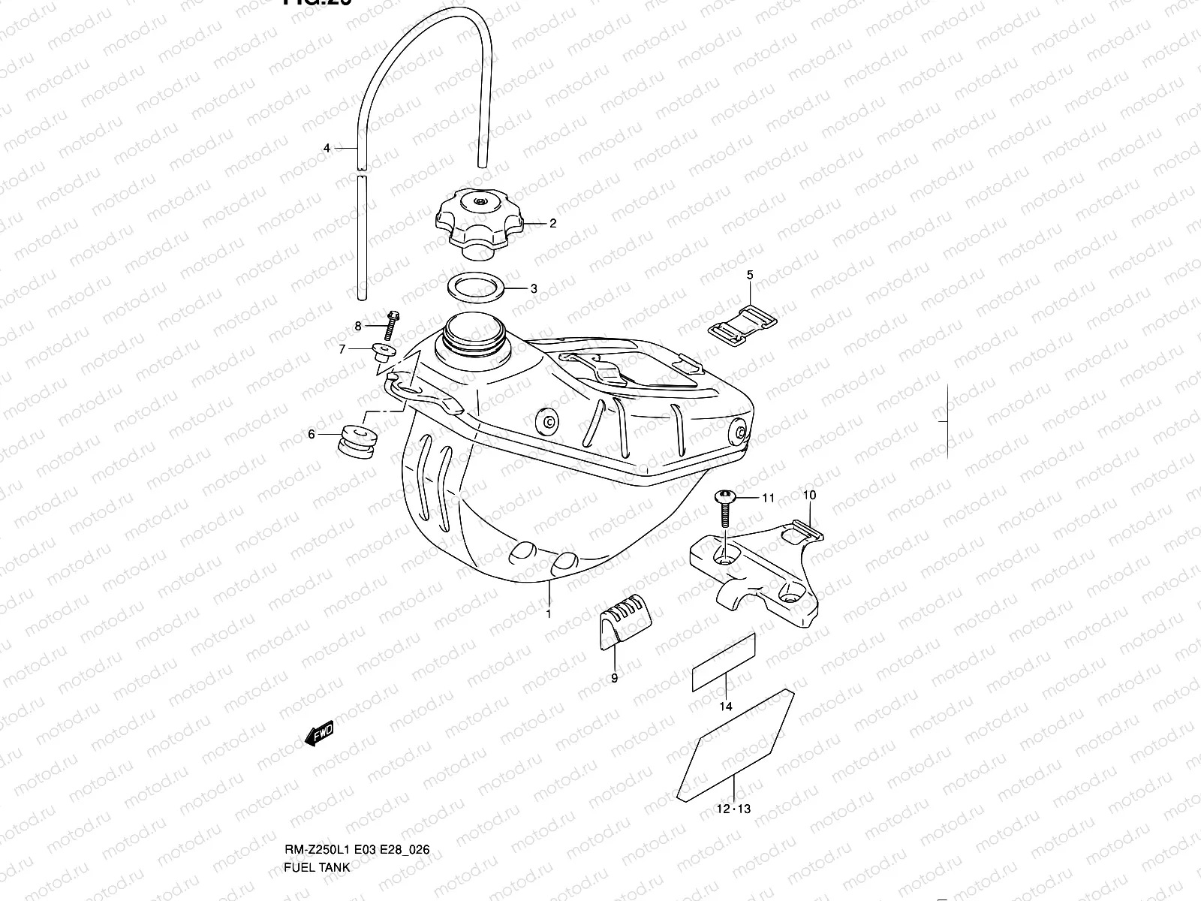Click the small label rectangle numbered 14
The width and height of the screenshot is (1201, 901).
point(723,661)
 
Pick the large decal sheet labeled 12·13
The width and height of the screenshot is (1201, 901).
point(736,746)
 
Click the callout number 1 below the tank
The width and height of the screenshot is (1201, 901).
point(549,614)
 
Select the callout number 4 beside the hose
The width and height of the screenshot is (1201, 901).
point(327,149)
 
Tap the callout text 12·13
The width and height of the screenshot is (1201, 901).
point(733,809)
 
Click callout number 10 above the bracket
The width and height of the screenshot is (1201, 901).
point(809,496)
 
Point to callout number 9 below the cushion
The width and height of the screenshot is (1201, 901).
point(614,679)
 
